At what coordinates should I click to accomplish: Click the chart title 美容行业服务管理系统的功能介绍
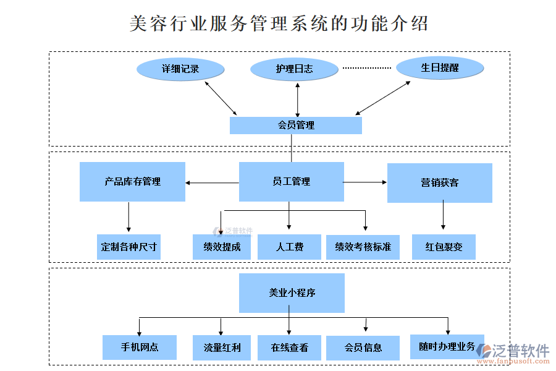click(x=279, y=23)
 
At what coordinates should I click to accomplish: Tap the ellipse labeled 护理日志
click(x=294, y=69)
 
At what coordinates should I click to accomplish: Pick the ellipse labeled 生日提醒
click(x=440, y=68)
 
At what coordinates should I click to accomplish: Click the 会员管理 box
click(x=296, y=126)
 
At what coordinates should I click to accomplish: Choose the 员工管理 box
click(x=292, y=182)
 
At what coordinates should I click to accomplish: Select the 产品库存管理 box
click(x=132, y=182)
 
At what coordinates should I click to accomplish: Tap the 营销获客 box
click(x=440, y=183)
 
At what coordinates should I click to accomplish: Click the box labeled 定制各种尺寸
click(x=128, y=247)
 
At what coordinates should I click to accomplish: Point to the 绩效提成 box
click(x=222, y=247)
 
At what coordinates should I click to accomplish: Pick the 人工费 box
click(x=289, y=247)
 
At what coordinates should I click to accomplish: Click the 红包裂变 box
click(x=444, y=247)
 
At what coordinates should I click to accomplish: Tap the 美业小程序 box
click(x=292, y=293)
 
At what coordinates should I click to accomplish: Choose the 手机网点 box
click(x=140, y=348)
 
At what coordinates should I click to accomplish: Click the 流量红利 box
click(x=222, y=348)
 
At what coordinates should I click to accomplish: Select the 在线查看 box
click(x=289, y=348)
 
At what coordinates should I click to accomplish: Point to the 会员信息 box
click(x=363, y=348)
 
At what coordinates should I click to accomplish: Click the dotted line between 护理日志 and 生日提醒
click(x=367, y=68)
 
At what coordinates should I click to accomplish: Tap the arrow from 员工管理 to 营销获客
click(x=365, y=182)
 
